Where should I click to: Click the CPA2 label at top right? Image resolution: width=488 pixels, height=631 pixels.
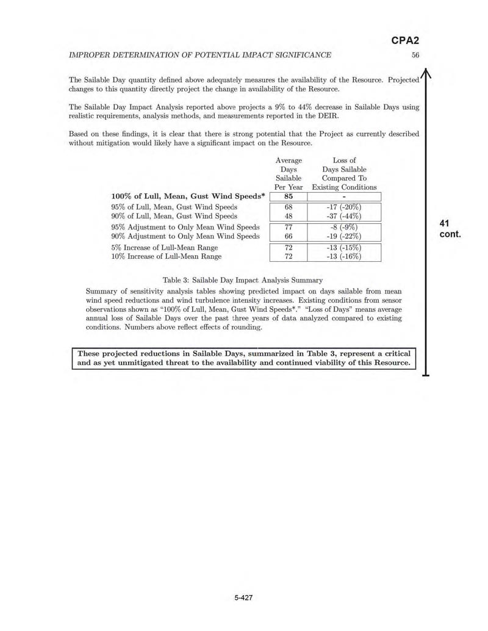pos(405,41)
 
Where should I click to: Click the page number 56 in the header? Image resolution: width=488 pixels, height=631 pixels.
pos(415,55)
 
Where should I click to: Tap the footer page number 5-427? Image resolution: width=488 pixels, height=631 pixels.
pos(243,597)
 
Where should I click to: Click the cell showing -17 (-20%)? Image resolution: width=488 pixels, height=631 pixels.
pos(344,207)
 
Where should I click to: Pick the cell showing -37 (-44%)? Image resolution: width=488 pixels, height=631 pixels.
pos(344,216)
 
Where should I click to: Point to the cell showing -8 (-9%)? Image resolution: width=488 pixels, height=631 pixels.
pos(344,227)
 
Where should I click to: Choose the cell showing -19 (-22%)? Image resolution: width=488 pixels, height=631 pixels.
pos(344,236)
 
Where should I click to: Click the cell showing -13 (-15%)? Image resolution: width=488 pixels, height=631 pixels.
pos(344,248)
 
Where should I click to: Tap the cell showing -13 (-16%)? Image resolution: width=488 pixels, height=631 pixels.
pos(344,257)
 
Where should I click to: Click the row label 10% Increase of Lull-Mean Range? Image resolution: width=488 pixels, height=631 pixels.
pos(166,257)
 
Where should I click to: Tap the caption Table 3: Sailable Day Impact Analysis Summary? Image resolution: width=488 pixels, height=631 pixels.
pos(243,280)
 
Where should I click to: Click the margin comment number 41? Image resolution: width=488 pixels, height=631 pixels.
pos(444,223)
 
